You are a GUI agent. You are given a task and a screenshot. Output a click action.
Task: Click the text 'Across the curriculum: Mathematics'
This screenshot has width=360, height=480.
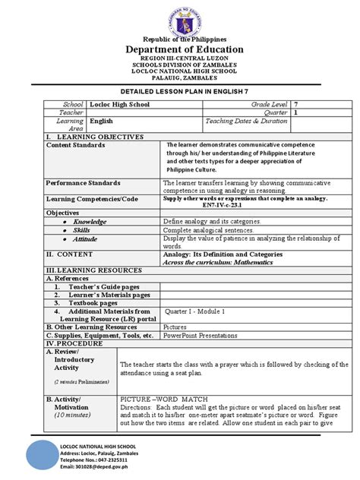212,261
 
